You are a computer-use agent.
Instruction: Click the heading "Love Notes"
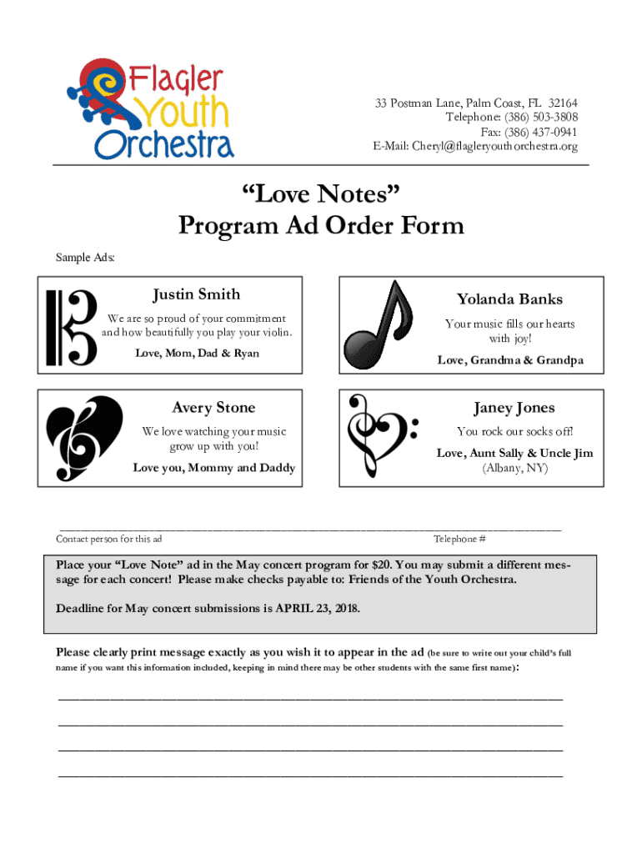point(321,195)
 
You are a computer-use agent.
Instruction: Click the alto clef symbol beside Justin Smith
point(71,328)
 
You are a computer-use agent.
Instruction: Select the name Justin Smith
point(197,294)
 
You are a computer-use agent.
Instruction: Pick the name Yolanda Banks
point(509,299)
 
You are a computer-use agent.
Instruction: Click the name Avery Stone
point(213,408)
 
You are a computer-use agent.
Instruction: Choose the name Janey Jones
point(514,408)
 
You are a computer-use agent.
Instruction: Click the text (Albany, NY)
point(514,468)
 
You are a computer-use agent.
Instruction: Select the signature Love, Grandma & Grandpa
point(510,360)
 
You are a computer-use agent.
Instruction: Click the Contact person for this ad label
point(109,540)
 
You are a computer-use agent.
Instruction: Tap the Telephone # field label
point(459,540)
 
